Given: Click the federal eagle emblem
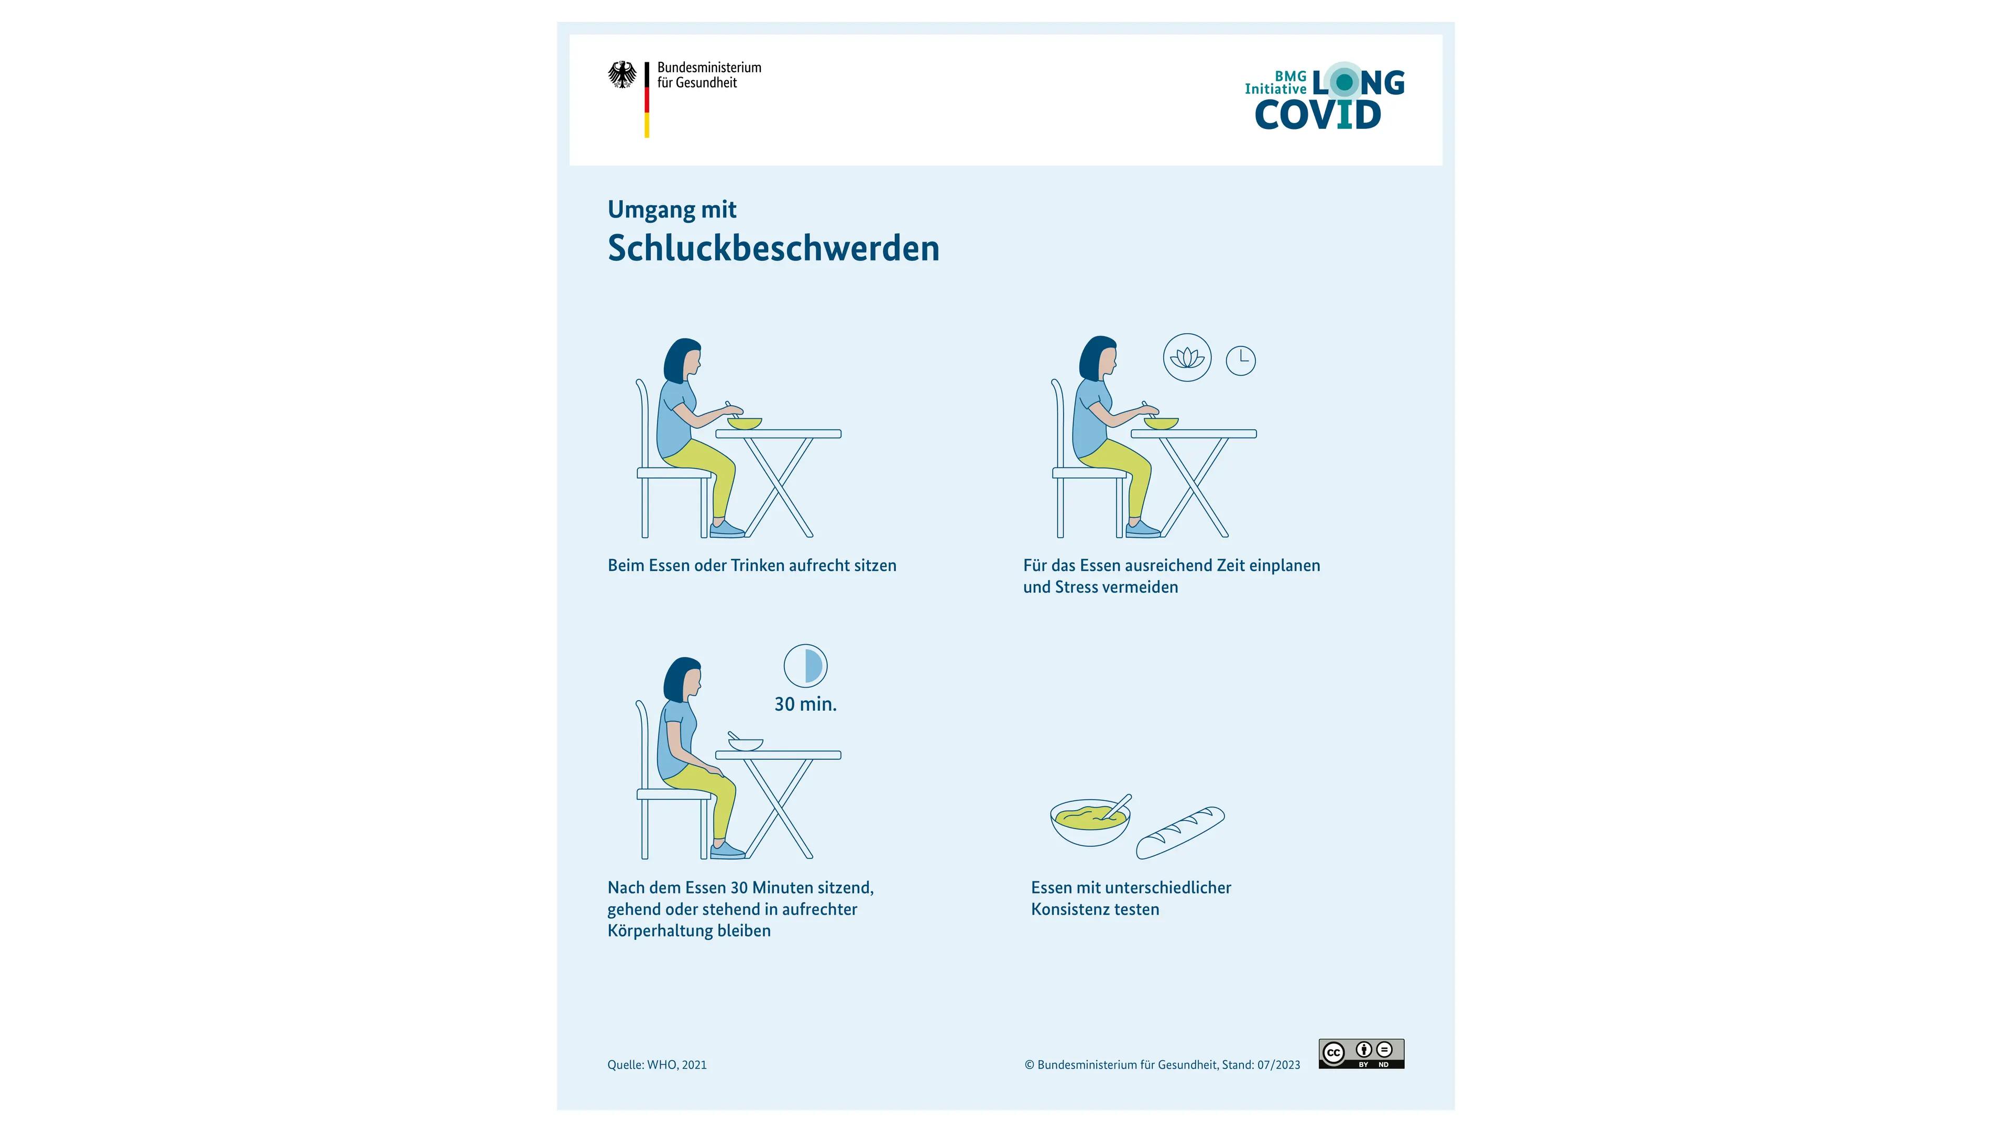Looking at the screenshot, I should [x=622, y=75].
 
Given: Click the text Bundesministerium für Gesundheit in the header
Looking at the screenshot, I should [x=708, y=75].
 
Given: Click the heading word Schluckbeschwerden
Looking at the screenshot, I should [x=773, y=248].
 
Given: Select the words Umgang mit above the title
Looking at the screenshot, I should [x=672, y=210].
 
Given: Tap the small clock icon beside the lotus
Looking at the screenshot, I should [x=1240, y=361].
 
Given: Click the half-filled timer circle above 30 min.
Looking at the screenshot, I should [x=805, y=666].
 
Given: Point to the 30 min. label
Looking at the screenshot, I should [x=805, y=704].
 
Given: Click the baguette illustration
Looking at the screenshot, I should [x=1180, y=833].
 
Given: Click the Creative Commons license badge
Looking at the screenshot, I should [x=1361, y=1053].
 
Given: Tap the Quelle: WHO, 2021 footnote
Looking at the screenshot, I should [x=657, y=1065].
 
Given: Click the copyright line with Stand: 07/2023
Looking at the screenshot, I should [x=1162, y=1065].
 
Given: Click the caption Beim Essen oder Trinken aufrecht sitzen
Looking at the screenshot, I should [x=751, y=565].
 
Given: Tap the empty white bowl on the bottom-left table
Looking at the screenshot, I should [x=746, y=745].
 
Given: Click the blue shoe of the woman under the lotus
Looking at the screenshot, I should [x=1143, y=530].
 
